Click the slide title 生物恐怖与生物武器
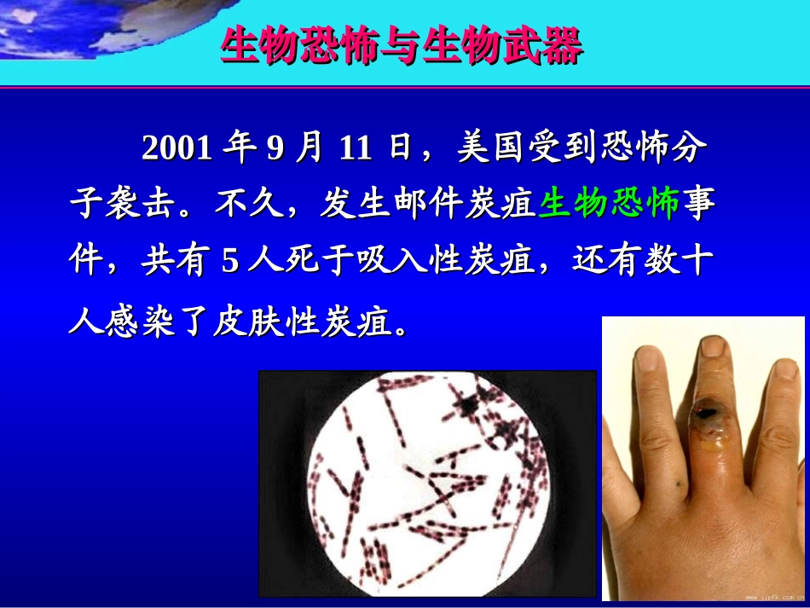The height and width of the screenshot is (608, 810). click(x=402, y=47)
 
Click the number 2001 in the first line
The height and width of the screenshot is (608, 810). click(x=176, y=148)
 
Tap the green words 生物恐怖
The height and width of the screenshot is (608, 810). click(x=609, y=205)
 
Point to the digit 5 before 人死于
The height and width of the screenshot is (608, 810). click(x=229, y=263)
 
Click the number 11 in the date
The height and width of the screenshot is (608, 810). click(x=355, y=148)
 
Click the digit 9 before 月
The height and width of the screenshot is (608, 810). click(x=275, y=148)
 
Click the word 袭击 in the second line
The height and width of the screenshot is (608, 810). click(x=139, y=205)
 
